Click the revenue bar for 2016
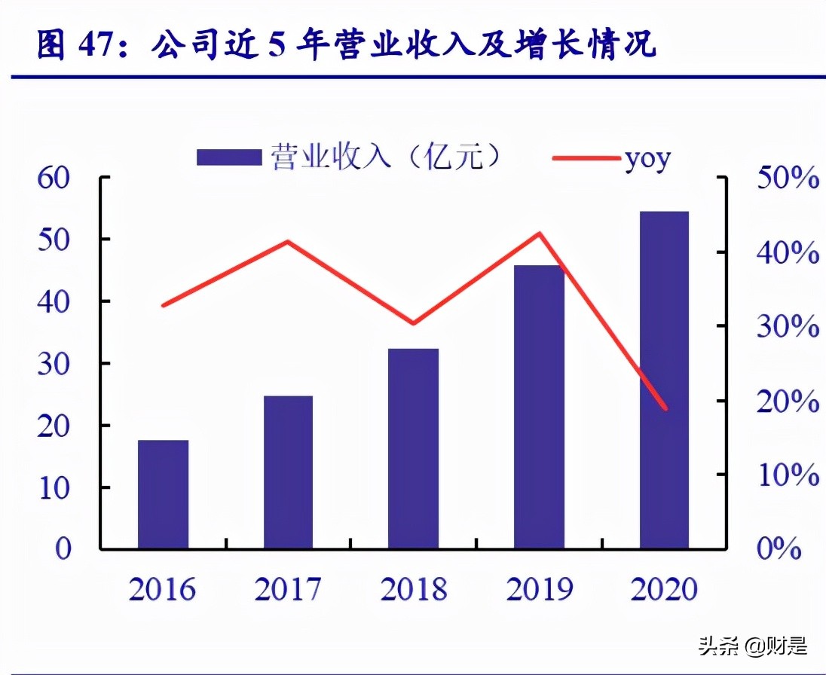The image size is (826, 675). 163,493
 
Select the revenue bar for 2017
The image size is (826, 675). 288,472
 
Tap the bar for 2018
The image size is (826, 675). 413,448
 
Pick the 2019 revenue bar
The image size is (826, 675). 539,407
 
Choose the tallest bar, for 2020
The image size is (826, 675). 664,380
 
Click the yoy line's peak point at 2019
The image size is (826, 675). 540,234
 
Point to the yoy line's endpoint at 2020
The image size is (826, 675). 665,409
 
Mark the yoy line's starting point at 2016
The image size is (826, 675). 164,305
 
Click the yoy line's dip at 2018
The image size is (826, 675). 413,323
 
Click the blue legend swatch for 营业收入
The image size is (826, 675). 229,157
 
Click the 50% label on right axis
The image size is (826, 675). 788,179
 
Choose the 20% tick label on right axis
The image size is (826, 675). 788,402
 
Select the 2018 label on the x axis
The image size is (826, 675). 413,589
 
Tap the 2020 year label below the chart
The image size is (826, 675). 665,589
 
